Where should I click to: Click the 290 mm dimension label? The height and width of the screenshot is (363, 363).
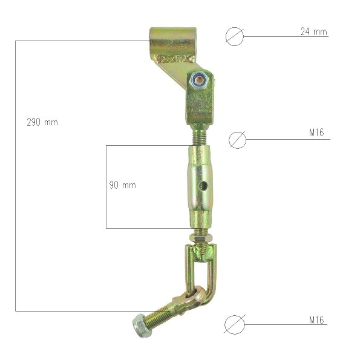(42, 122)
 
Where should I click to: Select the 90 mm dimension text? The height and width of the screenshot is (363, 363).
(122, 185)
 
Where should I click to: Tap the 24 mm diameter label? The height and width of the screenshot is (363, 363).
(314, 31)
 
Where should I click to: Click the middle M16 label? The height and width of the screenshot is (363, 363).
(316, 132)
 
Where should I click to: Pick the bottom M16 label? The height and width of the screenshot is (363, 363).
(316, 319)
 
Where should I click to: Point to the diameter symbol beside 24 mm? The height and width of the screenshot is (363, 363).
(235, 36)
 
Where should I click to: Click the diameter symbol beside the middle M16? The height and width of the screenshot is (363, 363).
(237, 140)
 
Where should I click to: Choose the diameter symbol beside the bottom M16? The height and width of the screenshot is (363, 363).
(235, 324)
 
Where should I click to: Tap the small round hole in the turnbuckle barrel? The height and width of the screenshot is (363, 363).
(203, 185)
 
